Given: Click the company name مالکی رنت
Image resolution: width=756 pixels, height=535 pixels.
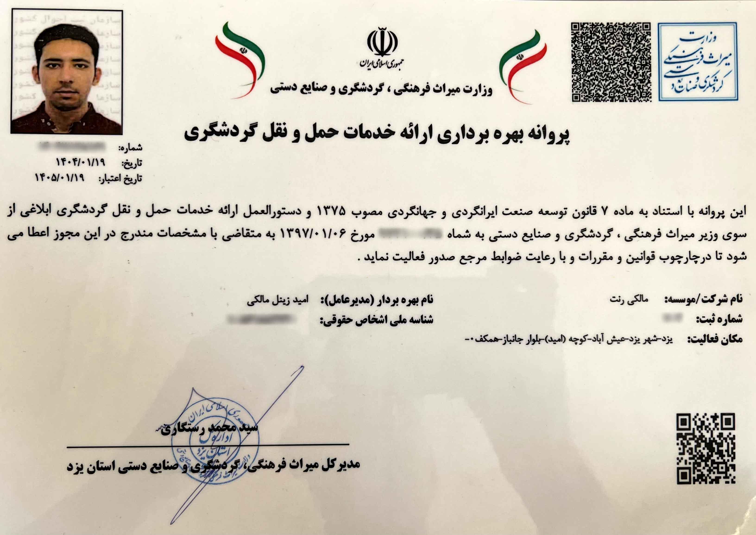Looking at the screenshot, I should (629, 299).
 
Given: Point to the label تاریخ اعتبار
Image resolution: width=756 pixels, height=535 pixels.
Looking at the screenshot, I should (121, 179).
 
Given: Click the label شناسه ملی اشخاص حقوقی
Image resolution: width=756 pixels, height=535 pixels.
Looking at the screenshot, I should (377, 320).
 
